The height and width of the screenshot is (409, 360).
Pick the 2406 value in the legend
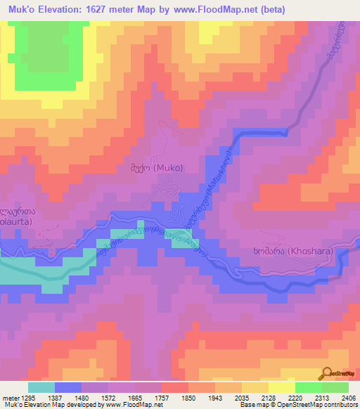348,397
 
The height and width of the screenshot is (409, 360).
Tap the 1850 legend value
188,397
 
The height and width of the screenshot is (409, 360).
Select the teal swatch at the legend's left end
41,387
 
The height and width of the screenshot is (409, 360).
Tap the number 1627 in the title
103,9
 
